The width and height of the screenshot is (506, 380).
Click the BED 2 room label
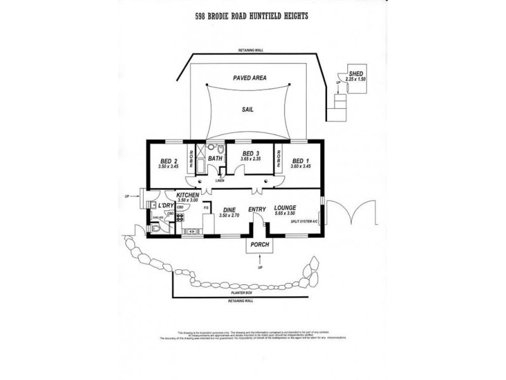[167, 160]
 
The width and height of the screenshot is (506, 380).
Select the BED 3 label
[251, 153]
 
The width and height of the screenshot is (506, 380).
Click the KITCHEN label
[188, 195]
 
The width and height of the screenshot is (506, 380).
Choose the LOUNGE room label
[286, 208]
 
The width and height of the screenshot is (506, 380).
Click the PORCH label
[260, 244]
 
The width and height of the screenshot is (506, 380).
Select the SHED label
[356, 72]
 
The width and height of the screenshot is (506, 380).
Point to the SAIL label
[247, 109]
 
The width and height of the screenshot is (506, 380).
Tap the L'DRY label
[166, 206]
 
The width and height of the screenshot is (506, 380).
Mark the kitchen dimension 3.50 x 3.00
[188, 201]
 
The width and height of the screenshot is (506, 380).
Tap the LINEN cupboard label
[219, 182]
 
